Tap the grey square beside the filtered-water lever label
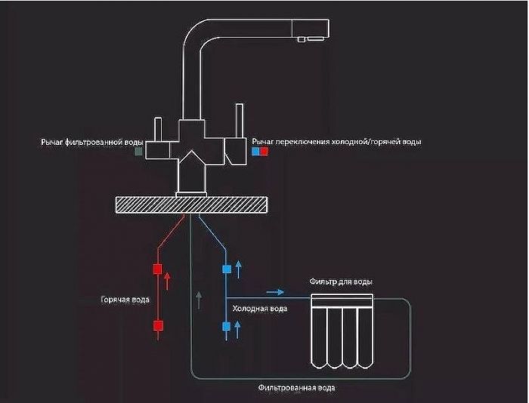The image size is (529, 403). [138, 151]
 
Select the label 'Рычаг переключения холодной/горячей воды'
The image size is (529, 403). [337, 141]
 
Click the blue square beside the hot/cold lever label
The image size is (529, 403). [255, 151]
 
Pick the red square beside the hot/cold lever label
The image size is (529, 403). [264, 151]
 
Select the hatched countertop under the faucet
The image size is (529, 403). [191, 204]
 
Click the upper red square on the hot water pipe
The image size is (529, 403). [158, 269]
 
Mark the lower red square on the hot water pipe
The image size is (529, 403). [158, 326]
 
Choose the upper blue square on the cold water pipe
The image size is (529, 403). [226, 269]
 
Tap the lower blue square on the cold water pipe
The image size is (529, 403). [226, 326]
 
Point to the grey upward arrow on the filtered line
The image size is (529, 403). [198, 299]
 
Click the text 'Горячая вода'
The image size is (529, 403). [125, 300]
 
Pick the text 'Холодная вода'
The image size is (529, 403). [259, 309]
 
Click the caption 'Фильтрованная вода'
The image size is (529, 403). [296, 388]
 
